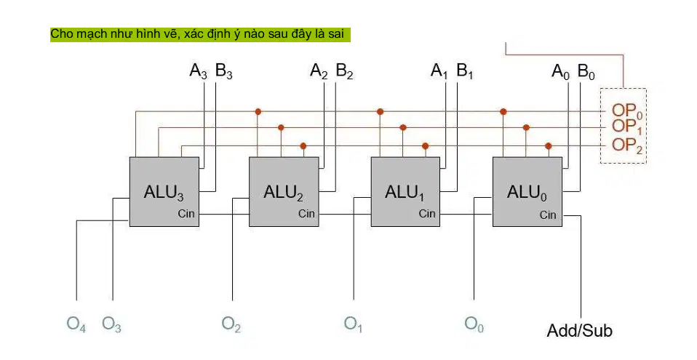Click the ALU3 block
164,191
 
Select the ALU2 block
284,191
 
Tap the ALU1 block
405,191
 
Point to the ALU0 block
527,191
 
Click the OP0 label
626,111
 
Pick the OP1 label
626,127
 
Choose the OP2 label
626,145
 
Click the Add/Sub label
579,331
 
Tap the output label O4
76,324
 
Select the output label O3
111,324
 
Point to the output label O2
231,324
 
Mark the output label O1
354,324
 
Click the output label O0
474,324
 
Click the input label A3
198,71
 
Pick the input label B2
345,71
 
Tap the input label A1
439,71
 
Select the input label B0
586,71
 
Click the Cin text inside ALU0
548,215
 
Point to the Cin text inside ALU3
186,214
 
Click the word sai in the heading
337,33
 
